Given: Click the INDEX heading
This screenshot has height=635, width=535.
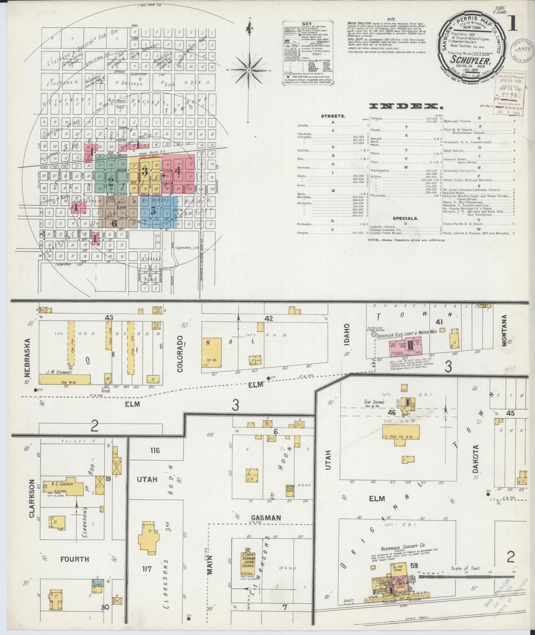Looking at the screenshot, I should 407,106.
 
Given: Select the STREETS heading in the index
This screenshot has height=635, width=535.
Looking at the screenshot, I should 333,116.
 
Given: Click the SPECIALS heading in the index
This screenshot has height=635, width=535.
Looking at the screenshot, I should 406,219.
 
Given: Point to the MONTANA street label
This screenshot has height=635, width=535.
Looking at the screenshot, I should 505,330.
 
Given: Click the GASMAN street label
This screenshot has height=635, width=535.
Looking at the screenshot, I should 266,518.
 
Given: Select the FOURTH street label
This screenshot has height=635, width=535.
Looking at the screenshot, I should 76,559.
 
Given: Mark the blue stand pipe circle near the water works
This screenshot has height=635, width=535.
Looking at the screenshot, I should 374,334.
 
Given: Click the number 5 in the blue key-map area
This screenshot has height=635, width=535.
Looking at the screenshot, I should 153,212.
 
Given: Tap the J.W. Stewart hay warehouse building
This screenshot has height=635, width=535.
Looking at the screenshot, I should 64,379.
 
